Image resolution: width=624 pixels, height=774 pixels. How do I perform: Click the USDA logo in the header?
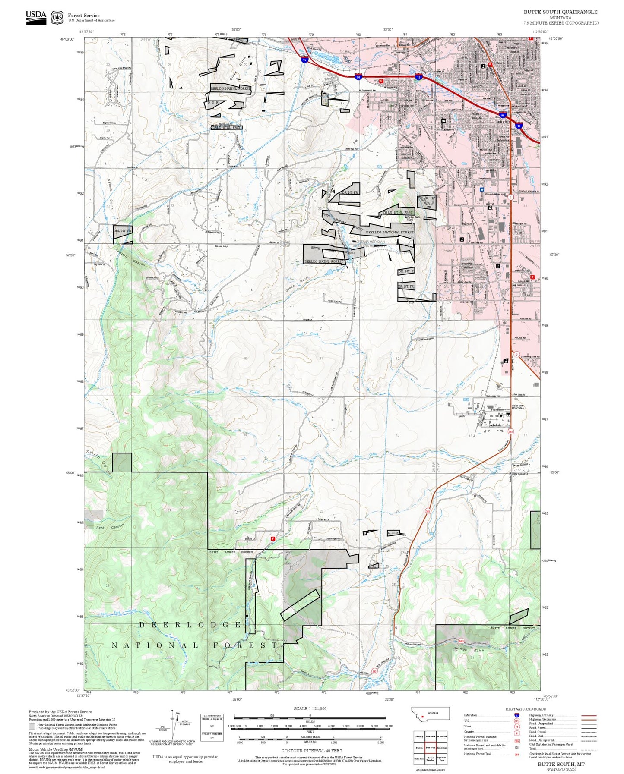[x=36, y=17]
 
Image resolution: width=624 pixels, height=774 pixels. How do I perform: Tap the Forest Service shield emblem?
[x=57, y=17]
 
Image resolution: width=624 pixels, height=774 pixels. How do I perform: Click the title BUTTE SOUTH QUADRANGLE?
[x=561, y=12]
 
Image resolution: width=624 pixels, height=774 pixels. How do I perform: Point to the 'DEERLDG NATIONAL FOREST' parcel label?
[x=390, y=232]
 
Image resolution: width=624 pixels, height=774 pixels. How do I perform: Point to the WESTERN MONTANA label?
[x=517, y=407]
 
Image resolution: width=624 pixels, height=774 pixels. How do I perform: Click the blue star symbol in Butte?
[x=482, y=189]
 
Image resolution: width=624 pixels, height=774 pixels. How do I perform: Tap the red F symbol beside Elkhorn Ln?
[x=272, y=538]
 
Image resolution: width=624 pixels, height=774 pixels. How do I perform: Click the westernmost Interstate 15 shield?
[x=304, y=60]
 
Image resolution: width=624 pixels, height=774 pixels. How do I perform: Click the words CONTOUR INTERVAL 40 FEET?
[x=311, y=751]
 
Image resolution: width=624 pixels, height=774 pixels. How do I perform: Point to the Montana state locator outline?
[x=430, y=713]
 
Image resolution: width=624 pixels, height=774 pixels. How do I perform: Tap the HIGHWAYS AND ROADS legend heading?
[x=526, y=709]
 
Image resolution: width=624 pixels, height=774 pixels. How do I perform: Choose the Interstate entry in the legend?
[x=471, y=715]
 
